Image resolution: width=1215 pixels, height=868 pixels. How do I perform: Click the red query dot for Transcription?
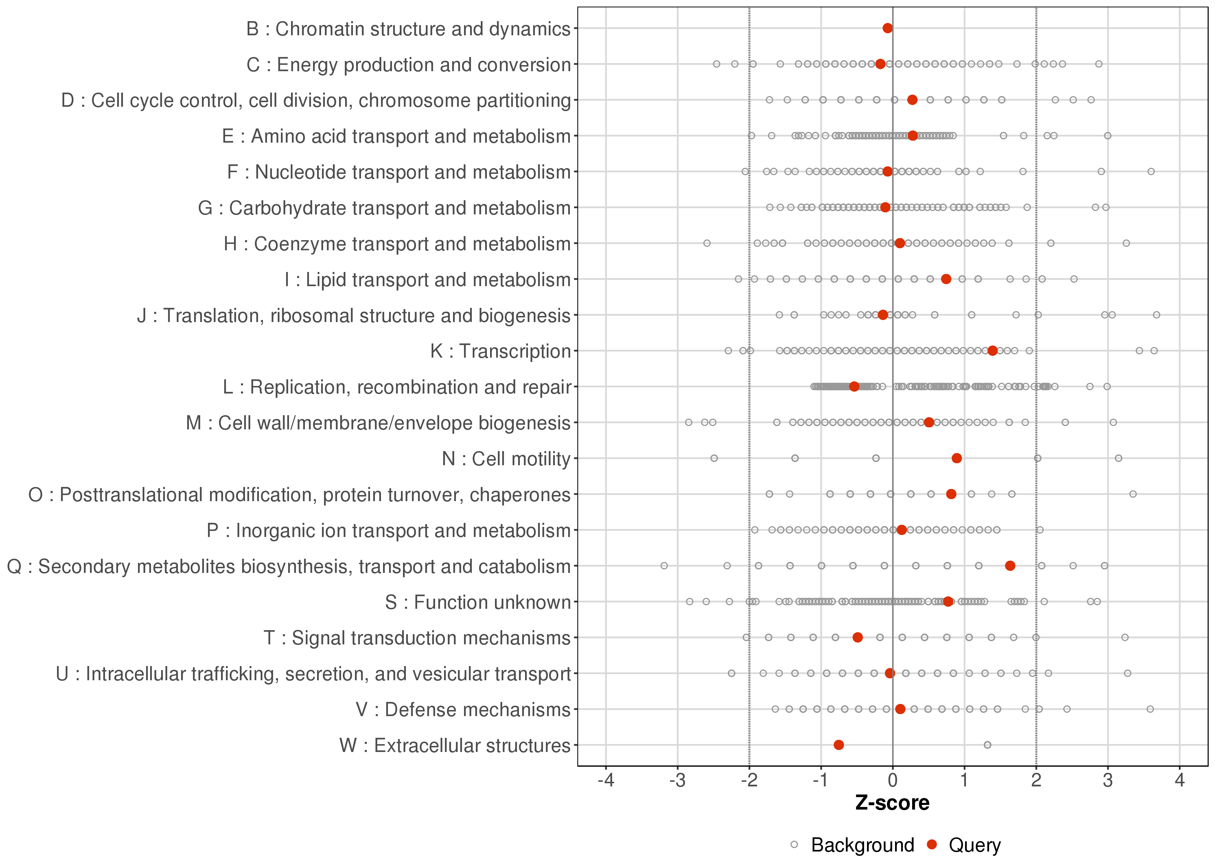coord(992,351)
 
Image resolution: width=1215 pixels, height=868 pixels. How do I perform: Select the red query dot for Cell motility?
coord(956,458)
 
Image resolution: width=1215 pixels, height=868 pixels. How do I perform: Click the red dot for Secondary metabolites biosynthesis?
coord(1010,565)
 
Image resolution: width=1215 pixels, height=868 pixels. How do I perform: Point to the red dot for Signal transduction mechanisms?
coord(857,637)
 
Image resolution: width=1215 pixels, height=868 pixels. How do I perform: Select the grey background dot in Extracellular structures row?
coord(987,745)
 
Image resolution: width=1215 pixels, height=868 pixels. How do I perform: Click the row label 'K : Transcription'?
coord(501,351)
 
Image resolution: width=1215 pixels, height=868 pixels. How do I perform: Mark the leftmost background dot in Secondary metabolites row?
coord(664,565)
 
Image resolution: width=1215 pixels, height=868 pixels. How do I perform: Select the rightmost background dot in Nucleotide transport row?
coord(1151,172)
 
